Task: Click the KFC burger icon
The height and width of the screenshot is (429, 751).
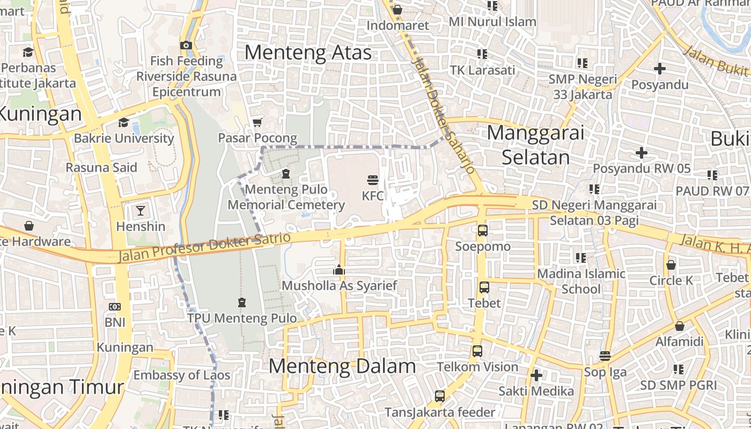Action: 373,179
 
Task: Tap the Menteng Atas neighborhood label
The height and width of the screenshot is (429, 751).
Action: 308,53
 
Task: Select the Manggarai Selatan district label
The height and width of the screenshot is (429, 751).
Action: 535,145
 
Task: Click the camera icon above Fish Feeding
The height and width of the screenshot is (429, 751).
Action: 186,45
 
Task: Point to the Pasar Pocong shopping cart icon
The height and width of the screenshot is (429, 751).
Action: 257,123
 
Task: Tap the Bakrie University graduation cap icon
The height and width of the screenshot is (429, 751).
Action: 123,122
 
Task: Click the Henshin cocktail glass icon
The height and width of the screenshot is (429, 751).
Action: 140,210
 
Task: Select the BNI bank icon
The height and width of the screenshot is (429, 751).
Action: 115,307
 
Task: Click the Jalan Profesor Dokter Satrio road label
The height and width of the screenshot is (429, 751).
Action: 204,247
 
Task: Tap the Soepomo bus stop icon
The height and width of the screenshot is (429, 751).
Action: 483,231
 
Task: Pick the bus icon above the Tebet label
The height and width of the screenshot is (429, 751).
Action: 484,287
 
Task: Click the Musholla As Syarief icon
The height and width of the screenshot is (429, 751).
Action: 339,270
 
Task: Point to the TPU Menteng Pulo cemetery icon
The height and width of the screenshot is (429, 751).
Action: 242,302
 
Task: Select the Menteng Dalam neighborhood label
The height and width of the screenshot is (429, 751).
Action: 342,366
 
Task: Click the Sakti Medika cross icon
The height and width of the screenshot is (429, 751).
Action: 536,375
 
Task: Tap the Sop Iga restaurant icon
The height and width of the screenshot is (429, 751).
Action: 605,356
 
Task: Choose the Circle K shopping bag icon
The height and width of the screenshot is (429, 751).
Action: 671,265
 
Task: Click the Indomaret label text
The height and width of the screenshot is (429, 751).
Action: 397,25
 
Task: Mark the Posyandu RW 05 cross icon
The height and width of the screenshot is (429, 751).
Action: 642,153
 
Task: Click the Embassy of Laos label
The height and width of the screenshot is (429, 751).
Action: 182,375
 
